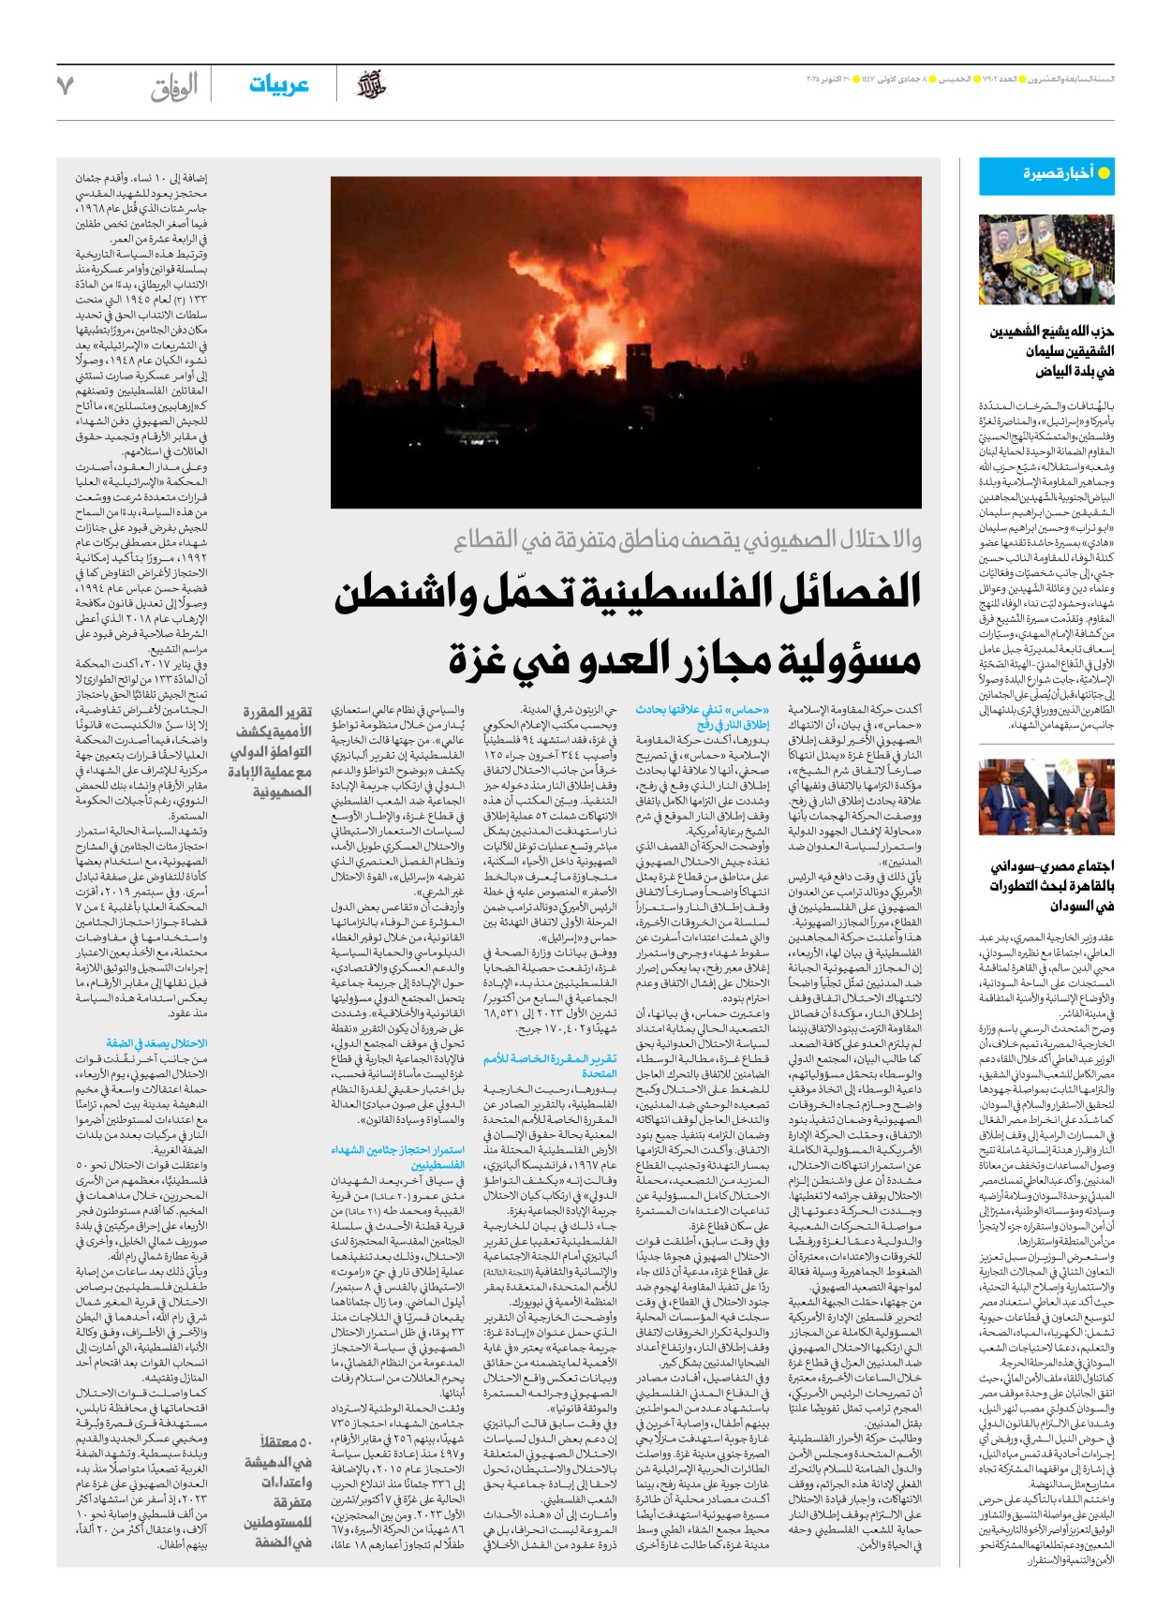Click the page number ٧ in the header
[x=65, y=86]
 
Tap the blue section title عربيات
[x=278, y=85]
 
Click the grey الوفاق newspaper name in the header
[x=174, y=87]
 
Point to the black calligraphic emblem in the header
[x=372, y=85]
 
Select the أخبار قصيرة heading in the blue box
[x=1058, y=173]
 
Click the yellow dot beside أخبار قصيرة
[x=1104, y=173]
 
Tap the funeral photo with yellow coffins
[x=1046, y=259]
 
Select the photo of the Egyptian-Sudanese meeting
[x=1046, y=798]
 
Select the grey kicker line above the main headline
[x=688, y=539]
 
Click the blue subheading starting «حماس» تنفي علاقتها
[x=703, y=717]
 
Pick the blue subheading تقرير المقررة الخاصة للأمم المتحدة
[x=551, y=1066]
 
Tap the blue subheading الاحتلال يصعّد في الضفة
[x=156, y=1043]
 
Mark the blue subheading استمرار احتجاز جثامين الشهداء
[x=398, y=1158]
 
